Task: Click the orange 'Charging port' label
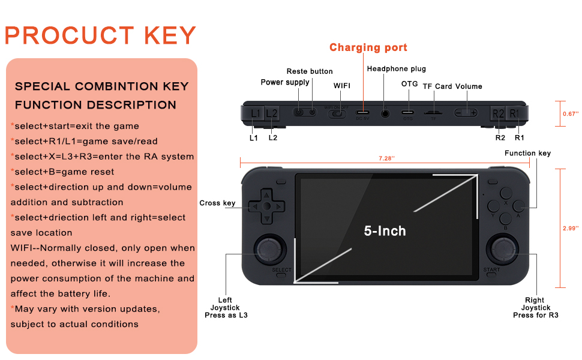[368, 47]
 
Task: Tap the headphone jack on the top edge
[385, 113]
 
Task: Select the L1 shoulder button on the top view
[255, 113]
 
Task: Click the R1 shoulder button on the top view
[514, 113]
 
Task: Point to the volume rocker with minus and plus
[466, 113]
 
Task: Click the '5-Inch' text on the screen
[385, 230]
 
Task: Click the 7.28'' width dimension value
[386, 158]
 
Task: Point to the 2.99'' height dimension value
[570, 229]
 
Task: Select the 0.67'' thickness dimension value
[570, 113]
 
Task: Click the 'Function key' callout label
[527, 154]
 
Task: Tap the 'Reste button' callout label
[309, 71]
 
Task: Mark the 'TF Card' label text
[437, 86]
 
